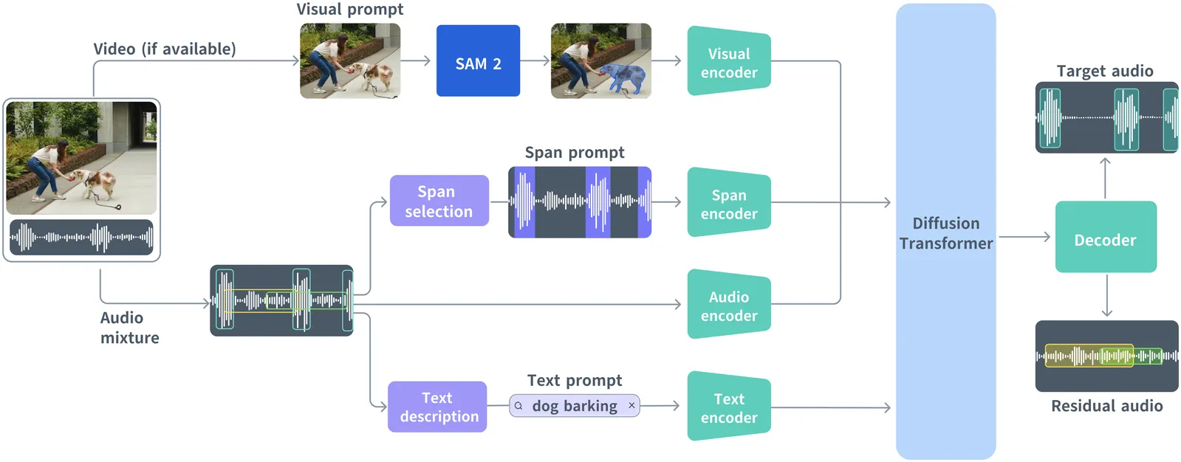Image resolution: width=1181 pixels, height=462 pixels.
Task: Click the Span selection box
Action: (x=439, y=201)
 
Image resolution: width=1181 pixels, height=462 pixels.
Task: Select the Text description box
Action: (x=437, y=407)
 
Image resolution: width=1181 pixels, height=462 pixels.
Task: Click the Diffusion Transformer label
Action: (x=945, y=233)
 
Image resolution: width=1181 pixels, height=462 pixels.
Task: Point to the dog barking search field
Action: (x=574, y=406)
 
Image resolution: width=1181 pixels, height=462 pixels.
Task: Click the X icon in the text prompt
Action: (x=631, y=405)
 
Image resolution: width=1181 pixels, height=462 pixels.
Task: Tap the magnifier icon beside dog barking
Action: (x=518, y=406)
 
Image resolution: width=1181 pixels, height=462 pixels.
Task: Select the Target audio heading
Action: (x=1104, y=71)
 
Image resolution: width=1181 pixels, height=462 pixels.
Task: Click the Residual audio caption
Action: (x=1106, y=406)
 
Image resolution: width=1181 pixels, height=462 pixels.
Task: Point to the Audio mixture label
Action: (x=129, y=328)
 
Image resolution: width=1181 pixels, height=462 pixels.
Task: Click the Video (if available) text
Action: (x=164, y=49)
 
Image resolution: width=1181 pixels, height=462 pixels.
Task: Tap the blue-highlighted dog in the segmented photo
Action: (x=626, y=77)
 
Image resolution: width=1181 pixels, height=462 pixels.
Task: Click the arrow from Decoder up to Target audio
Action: (x=1105, y=177)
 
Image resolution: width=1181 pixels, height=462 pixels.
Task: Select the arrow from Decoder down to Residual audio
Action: (x=1106, y=296)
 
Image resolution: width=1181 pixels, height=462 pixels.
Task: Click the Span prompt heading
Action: (x=574, y=153)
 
